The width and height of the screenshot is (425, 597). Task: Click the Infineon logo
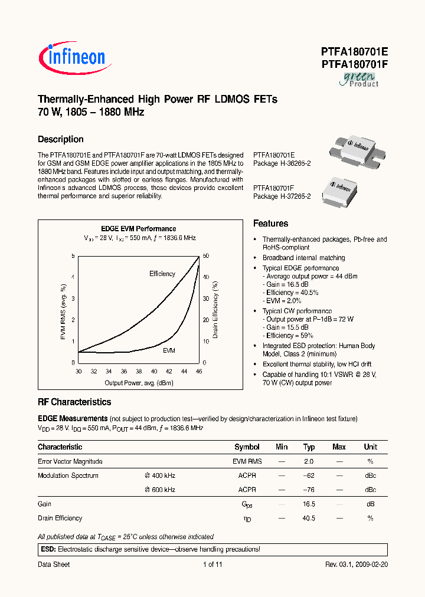[x=72, y=57]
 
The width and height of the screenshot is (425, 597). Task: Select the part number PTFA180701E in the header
[x=354, y=53]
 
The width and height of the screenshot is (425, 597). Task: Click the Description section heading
[x=61, y=140]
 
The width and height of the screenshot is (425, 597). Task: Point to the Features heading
[x=270, y=224]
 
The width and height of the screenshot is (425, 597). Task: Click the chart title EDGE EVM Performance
[x=139, y=229]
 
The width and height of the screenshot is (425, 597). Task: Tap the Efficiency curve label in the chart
[x=162, y=274]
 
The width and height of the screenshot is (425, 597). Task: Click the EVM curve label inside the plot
[x=169, y=350]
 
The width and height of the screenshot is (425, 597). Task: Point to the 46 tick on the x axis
[x=198, y=372]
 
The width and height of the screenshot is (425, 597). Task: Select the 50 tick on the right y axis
[x=205, y=256]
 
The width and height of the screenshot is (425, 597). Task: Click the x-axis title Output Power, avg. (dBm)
[x=139, y=383]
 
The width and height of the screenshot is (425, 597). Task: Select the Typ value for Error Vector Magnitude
[x=309, y=461]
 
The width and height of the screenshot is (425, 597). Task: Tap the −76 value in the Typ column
[x=309, y=490]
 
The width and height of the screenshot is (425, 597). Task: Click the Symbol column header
[x=247, y=447]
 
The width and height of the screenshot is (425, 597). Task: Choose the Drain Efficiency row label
[x=60, y=518]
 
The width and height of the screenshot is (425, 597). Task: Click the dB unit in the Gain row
[x=370, y=504]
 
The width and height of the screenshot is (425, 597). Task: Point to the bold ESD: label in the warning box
[x=47, y=549]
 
